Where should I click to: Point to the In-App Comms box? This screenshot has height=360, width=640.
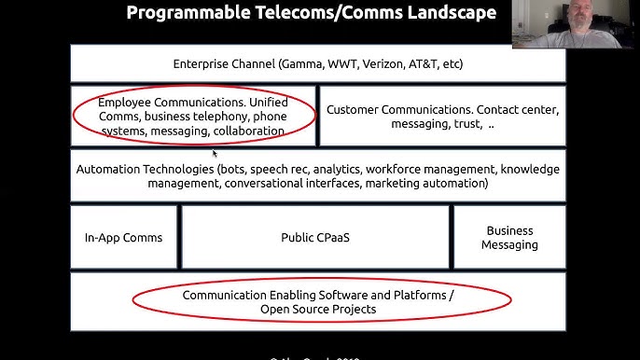tap(123, 238)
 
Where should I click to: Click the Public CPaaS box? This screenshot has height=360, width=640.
tap(316, 238)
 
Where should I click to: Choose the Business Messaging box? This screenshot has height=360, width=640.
tap(509, 238)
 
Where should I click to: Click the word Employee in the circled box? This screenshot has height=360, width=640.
tap(127, 101)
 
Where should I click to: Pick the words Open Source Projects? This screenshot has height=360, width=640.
tap(318, 309)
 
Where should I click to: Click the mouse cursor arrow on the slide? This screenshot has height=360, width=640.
tap(215, 153)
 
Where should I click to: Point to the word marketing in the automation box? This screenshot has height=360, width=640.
tap(392, 184)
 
